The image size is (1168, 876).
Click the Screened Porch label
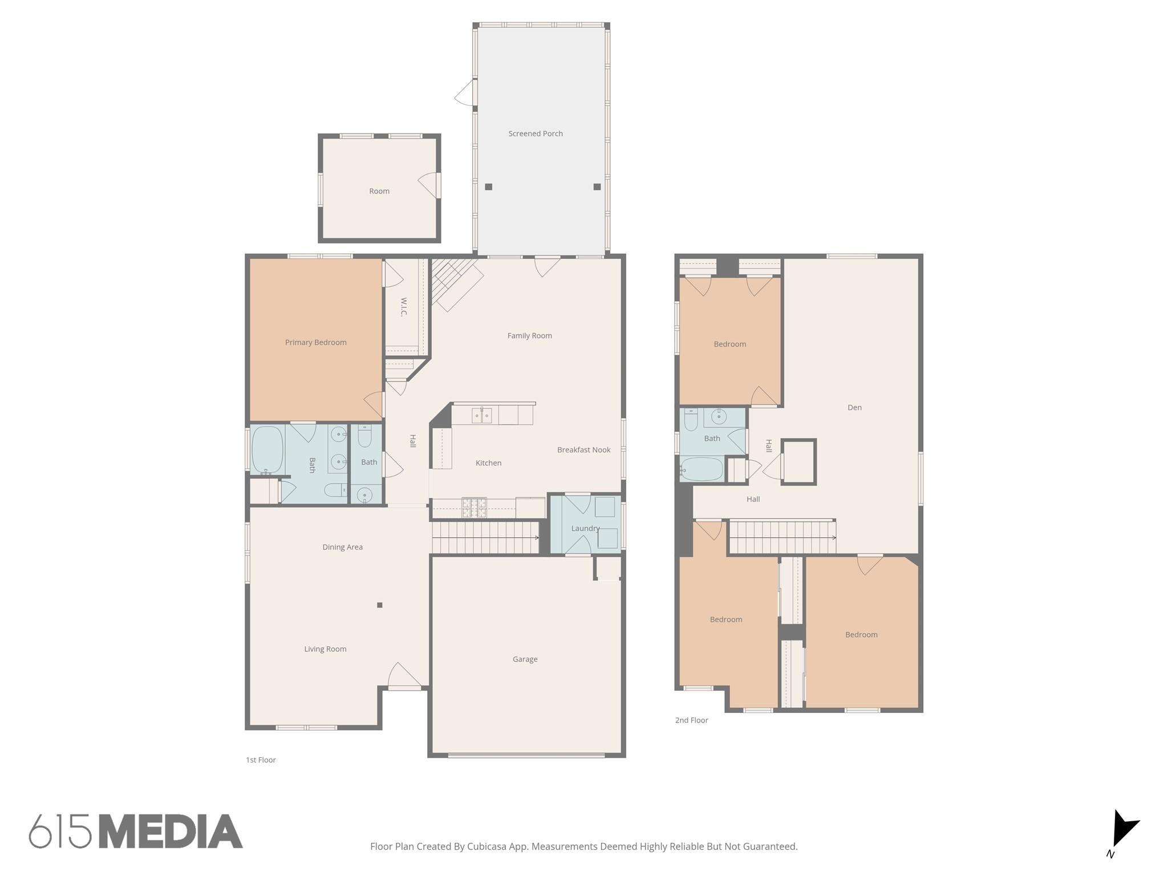point(535,133)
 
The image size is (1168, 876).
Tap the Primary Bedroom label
point(315,342)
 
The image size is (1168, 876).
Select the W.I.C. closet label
point(404,307)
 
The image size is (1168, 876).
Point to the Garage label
point(525,659)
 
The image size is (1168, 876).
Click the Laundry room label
point(585,528)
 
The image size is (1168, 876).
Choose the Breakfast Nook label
point(583,450)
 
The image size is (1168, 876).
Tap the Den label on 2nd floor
point(854,407)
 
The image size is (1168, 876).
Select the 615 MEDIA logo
point(136,832)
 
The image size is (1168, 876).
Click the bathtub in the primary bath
point(267,449)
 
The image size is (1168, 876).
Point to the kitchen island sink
point(482,415)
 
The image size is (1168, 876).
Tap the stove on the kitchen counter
point(474,507)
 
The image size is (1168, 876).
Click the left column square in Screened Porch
point(489,187)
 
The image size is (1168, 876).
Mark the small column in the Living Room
point(380,605)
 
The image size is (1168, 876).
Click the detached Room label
point(379,191)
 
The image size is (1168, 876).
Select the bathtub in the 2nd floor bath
point(702,469)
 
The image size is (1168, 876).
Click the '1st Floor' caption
point(261,760)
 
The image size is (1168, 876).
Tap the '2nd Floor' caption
point(691,720)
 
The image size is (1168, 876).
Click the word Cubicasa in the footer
point(488,846)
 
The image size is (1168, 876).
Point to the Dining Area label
point(342,547)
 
